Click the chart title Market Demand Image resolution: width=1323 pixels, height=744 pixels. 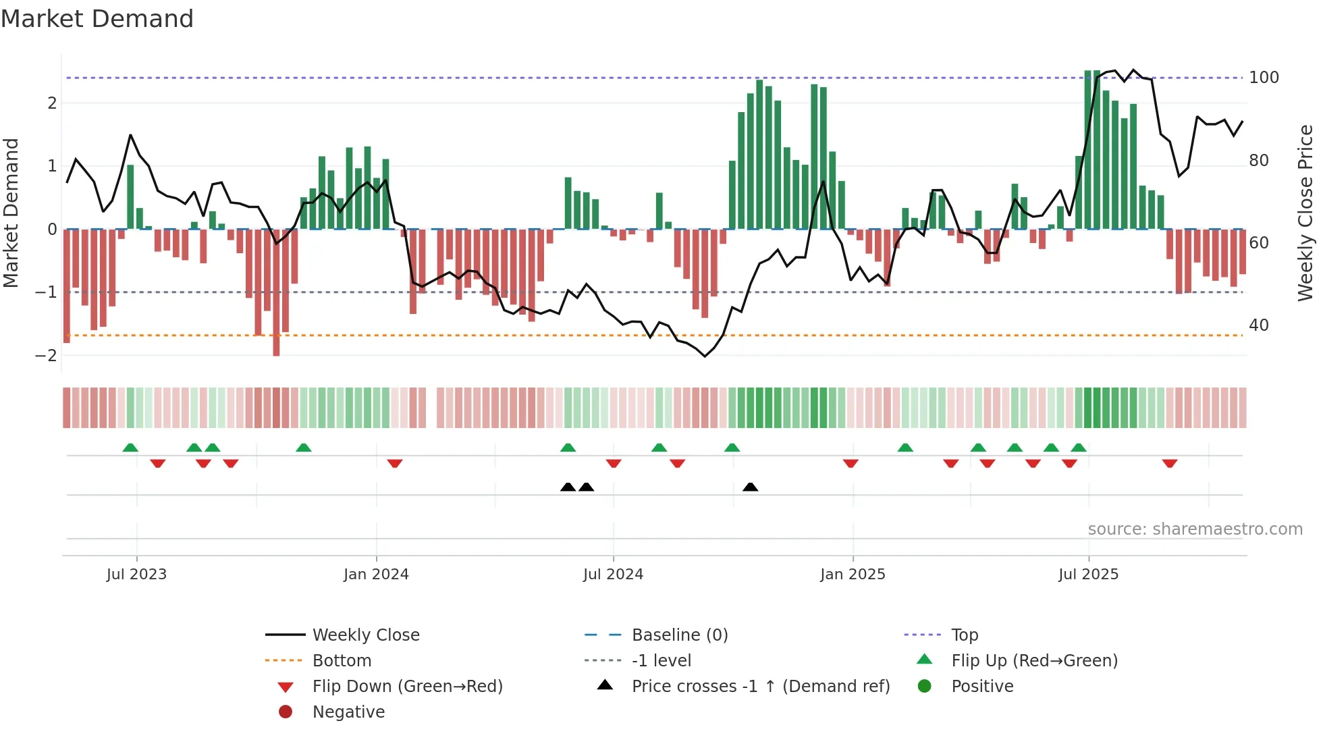click(x=97, y=19)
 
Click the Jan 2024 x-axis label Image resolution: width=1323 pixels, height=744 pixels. click(x=376, y=574)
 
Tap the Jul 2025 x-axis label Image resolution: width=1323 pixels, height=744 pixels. click(x=1088, y=574)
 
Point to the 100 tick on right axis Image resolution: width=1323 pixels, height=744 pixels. click(x=1264, y=78)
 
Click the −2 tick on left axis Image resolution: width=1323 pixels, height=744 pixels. click(x=47, y=356)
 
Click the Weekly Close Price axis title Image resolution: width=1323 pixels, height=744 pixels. click(x=1305, y=213)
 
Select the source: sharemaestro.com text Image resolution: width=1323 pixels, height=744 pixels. click(x=1195, y=529)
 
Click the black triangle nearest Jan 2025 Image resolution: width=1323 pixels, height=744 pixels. click(x=750, y=487)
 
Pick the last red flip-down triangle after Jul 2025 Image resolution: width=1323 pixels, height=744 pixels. click(x=1170, y=463)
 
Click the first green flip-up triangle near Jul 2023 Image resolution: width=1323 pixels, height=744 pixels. click(x=130, y=447)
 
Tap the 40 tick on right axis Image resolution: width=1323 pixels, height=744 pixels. click(x=1259, y=325)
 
